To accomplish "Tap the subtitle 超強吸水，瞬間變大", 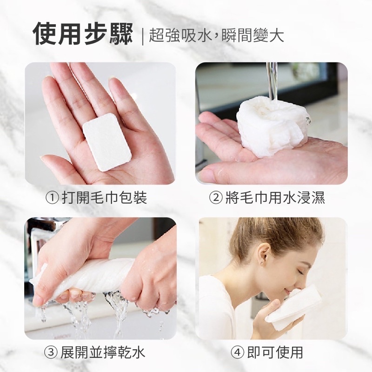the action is click(216, 36).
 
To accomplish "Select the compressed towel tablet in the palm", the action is click(107, 142).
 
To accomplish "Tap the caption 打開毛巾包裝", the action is click(104, 198).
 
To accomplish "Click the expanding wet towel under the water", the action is click(273, 128).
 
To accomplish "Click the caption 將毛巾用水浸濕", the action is click(275, 198).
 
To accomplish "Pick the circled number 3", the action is click(51, 352).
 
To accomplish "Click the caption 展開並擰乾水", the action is click(102, 352).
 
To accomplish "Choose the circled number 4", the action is click(238, 352).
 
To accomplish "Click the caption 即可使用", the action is click(275, 352).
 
